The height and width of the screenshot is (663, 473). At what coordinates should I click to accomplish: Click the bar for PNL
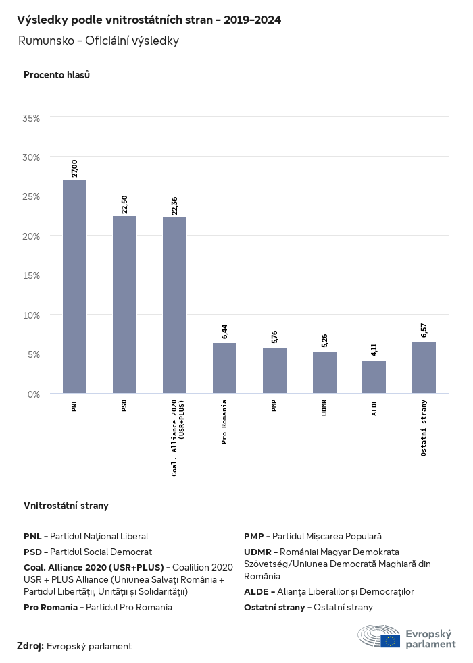[x=74, y=287]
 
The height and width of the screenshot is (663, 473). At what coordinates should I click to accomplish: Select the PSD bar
[x=124, y=304]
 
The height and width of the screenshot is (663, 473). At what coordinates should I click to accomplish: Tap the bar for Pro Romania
[x=224, y=368]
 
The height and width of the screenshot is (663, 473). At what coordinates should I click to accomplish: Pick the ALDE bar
[x=374, y=377]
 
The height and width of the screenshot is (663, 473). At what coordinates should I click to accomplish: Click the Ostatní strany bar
[x=424, y=367]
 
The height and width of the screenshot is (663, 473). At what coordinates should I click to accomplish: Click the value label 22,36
[x=174, y=205]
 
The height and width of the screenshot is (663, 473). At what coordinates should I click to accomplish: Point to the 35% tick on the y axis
[x=32, y=118]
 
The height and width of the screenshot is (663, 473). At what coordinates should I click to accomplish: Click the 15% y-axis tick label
[x=32, y=275]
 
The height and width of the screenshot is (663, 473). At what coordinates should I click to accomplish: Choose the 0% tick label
[x=34, y=394]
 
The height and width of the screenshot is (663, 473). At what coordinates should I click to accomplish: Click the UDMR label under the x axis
[x=324, y=407]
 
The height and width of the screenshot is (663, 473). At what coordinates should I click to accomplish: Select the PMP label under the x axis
[x=274, y=405]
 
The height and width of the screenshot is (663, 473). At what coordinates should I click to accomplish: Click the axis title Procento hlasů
[x=57, y=75]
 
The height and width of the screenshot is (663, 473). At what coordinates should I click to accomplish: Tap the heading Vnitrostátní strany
[x=66, y=505]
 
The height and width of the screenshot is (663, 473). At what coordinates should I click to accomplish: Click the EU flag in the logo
[x=390, y=641]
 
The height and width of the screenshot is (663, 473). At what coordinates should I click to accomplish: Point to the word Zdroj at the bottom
[x=30, y=646]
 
